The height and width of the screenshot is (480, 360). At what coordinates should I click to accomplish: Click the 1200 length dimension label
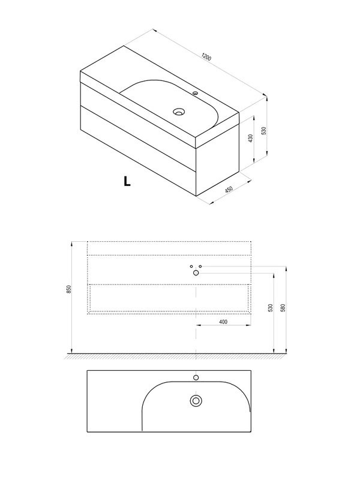coord(206,57)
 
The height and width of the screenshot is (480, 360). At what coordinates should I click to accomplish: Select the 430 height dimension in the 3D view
coord(251,138)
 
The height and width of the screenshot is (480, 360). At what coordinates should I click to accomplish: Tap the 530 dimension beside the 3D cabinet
coord(264,131)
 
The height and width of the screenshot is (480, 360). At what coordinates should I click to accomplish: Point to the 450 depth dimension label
coord(229,189)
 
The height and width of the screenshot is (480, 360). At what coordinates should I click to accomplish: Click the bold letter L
coord(127,181)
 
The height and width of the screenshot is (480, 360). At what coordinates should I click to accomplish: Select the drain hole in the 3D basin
coord(179,112)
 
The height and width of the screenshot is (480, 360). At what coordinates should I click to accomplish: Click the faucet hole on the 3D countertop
coord(196,93)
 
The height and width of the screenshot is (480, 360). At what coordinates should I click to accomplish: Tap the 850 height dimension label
coord(69,289)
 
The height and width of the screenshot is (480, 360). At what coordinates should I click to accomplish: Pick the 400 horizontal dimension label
coord(223,322)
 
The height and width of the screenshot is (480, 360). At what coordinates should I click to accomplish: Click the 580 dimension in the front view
coord(283,308)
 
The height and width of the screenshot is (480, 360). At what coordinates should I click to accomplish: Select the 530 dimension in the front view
coord(271,308)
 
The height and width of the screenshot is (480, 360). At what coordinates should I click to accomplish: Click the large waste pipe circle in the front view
coord(196,273)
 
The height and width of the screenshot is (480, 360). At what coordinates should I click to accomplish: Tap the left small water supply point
coord(191,266)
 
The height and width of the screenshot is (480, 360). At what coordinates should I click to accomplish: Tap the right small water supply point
coord(200,266)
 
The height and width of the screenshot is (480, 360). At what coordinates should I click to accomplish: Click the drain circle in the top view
coord(196,401)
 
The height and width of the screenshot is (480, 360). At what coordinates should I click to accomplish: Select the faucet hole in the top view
coord(196,377)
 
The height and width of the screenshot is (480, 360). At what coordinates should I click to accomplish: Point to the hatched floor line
coord(176,356)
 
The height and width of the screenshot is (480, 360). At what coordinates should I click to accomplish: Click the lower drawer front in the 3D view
coord(138,151)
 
